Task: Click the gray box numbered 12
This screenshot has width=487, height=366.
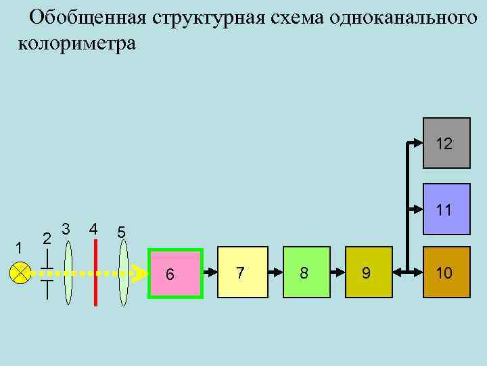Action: tap(446, 144)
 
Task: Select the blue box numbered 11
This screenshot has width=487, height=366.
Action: tap(446, 209)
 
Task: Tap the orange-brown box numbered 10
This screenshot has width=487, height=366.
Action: tap(446, 273)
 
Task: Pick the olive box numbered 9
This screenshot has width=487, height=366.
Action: tap(368, 273)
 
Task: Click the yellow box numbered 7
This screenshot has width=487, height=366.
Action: tap(243, 273)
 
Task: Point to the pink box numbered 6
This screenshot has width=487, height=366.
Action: tap(175, 274)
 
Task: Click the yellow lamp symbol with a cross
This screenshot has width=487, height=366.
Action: tap(21, 274)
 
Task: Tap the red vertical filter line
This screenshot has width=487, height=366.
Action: tap(96, 273)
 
